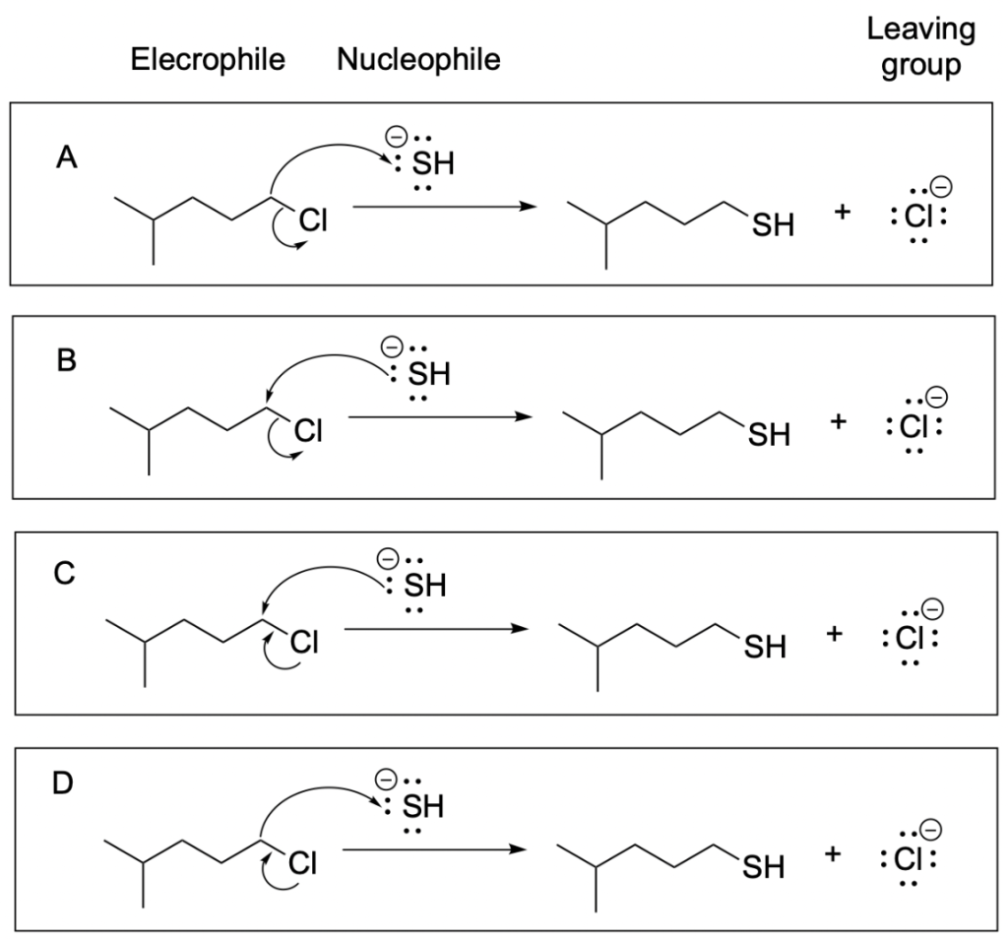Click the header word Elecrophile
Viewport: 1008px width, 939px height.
click(208, 60)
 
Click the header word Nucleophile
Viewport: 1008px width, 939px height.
click(418, 60)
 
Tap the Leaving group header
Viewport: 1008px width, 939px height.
click(920, 46)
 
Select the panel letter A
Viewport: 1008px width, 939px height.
click(67, 156)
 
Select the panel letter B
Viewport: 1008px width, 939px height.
click(67, 360)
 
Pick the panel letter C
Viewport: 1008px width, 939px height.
click(65, 574)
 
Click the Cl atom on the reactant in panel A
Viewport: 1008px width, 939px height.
click(313, 221)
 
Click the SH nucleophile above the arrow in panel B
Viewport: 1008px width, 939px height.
click(430, 374)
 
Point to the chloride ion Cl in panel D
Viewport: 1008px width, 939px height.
click(907, 858)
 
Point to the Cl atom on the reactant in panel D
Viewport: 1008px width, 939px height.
click(302, 862)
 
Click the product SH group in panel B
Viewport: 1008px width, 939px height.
click(769, 434)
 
